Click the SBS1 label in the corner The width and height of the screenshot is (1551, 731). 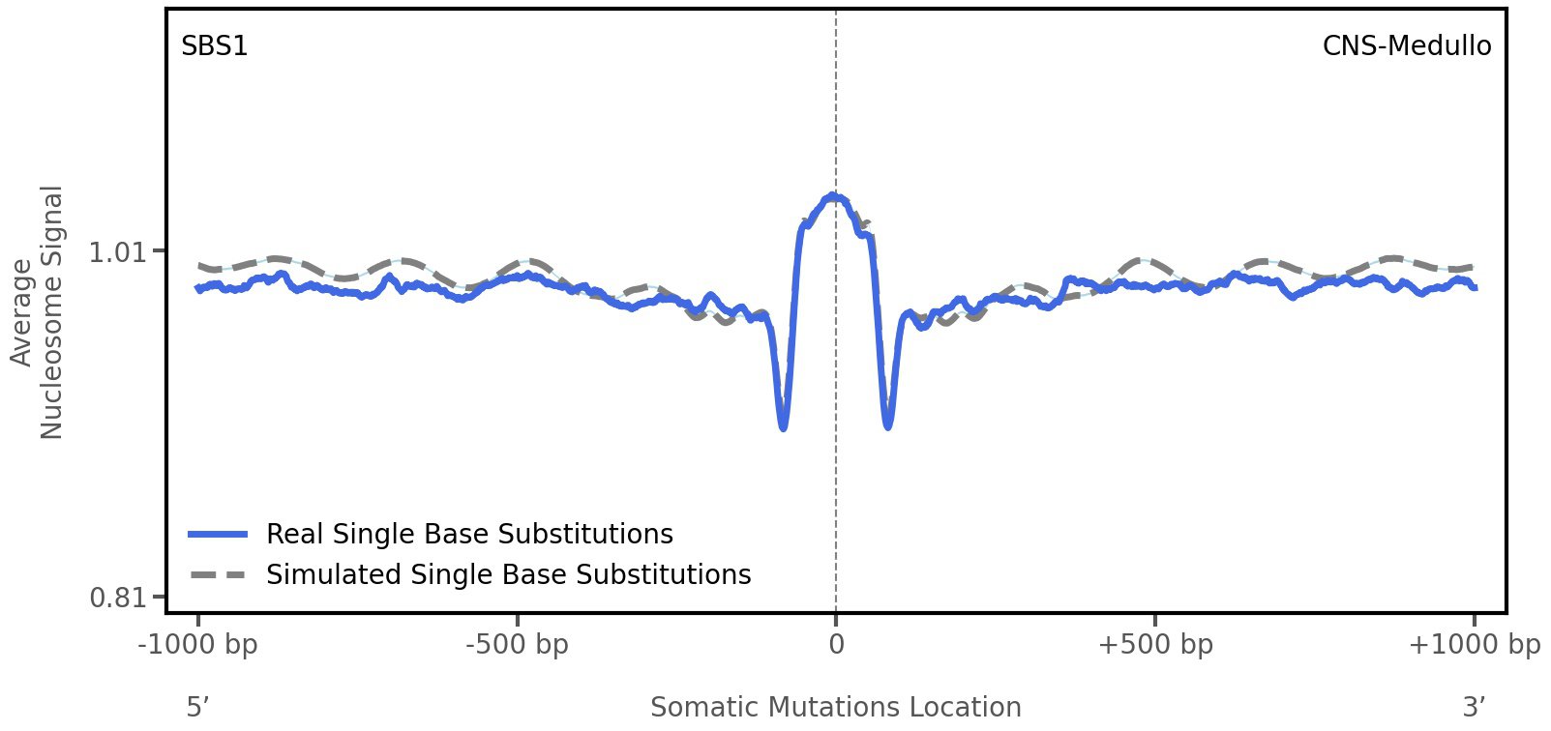(215, 45)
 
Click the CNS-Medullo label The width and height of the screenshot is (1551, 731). (1406, 45)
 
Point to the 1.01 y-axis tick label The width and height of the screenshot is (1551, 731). (116, 252)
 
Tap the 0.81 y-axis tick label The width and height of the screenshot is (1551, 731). (116, 598)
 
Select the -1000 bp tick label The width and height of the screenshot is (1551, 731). (198, 644)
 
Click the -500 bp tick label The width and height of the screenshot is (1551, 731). (517, 644)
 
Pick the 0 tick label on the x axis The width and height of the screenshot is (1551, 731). (836, 644)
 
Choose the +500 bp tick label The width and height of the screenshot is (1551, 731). (1155, 644)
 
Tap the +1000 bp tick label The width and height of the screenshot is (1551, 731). (1474, 644)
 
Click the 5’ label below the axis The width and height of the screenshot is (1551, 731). (197, 707)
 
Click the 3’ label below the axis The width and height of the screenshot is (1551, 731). (1474, 707)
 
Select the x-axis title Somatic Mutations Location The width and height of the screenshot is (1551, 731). (835, 707)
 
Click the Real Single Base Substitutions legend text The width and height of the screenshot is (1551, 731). (469, 534)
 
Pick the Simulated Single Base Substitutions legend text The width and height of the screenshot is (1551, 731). (508, 574)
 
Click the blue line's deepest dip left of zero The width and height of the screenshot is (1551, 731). (783, 425)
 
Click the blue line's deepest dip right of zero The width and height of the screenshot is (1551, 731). (888, 424)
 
